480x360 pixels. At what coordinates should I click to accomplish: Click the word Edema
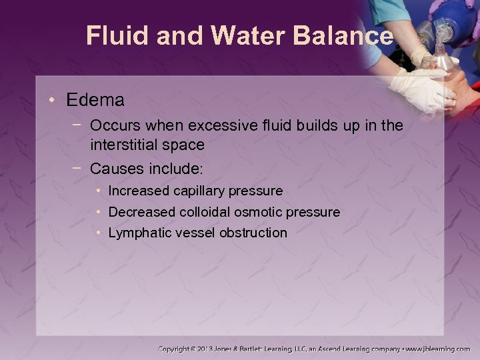click(95, 101)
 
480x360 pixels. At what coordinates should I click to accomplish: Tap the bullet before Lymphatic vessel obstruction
click(99, 233)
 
